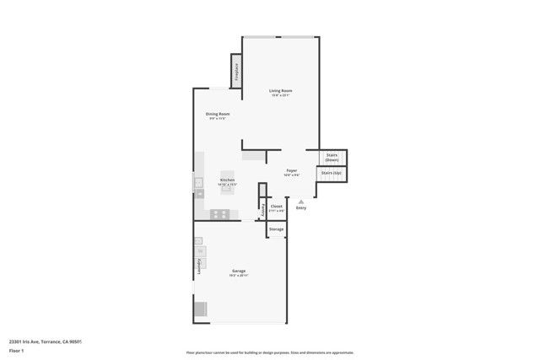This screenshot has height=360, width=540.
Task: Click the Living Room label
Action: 280,90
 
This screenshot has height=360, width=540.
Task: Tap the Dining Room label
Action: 218,114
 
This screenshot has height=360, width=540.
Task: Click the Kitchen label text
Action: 227,180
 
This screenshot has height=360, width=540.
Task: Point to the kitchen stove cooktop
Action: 219,213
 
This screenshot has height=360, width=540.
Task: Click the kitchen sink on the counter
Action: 199,182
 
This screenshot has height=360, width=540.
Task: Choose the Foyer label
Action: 291,170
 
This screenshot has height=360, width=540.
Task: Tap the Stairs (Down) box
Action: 332,157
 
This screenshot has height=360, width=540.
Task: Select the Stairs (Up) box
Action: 332,173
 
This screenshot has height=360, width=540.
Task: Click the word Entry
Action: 300,207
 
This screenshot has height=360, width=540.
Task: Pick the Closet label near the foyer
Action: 276,206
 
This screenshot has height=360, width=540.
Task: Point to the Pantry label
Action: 263,208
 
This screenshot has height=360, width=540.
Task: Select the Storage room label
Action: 276,229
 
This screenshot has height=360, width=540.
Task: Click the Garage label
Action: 238,271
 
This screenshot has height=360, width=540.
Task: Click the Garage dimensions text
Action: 238,276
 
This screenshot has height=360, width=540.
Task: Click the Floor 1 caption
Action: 16,350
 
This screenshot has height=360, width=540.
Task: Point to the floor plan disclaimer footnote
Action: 270,352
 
